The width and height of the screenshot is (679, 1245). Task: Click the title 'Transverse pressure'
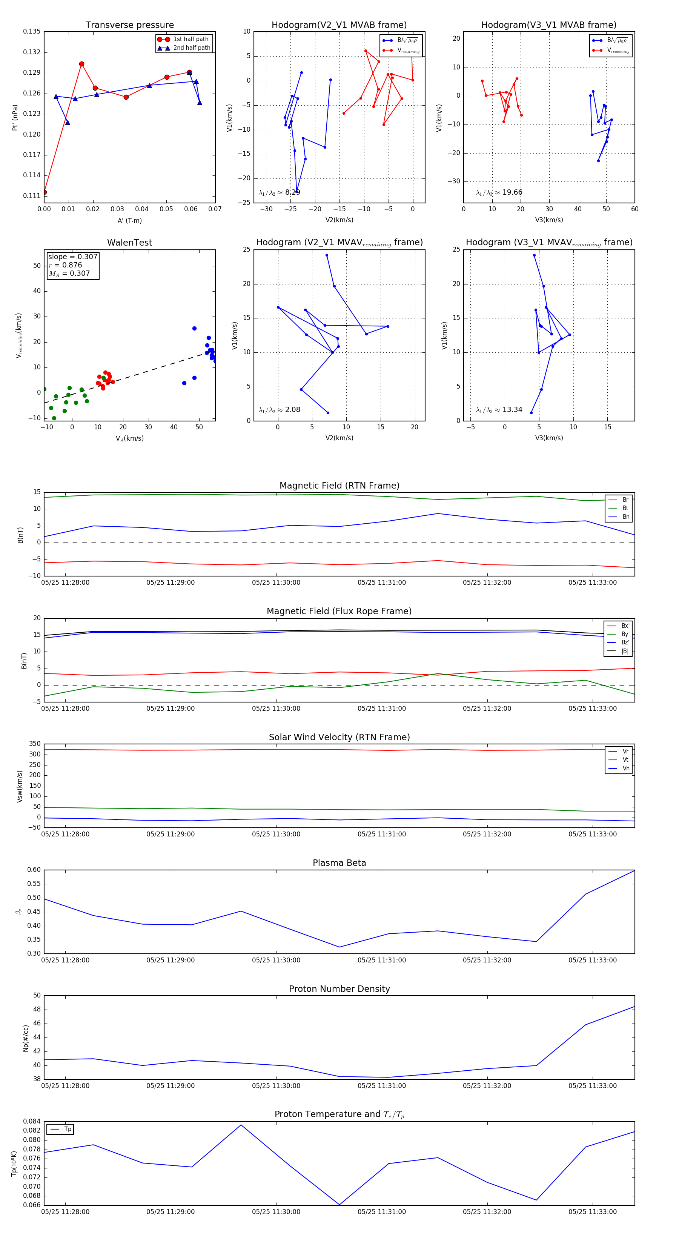[x=129, y=25]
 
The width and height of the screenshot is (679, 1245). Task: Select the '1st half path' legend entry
[x=190, y=39]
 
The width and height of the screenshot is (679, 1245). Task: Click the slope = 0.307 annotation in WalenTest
[x=72, y=257]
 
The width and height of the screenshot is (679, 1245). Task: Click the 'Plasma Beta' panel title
[x=339, y=863]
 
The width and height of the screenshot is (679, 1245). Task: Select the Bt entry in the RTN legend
[x=625, y=508]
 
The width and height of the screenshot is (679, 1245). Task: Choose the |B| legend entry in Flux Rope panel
[x=625, y=651]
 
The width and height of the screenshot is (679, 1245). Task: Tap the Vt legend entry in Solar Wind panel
[x=625, y=760]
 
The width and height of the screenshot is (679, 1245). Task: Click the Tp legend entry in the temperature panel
[x=67, y=1129]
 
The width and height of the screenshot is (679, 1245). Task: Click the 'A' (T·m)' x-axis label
[x=129, y=220]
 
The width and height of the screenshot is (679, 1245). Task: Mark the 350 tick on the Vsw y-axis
[x=35, y=744]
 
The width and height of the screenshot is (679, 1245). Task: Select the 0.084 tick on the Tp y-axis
[x=32, y=1121]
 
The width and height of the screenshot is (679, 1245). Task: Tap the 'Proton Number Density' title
[x=339, y=989]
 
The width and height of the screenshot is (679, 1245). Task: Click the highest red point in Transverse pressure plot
[x=82, y=64]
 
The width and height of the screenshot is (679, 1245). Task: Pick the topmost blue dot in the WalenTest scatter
[x=194, y=328]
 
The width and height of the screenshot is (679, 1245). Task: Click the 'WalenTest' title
[x=129, y=243]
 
